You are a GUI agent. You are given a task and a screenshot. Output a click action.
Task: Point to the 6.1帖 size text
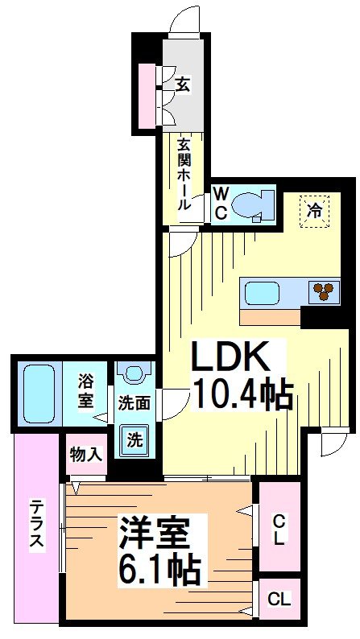tap(162, 570)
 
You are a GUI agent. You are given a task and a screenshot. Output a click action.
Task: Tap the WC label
tap(220, 203)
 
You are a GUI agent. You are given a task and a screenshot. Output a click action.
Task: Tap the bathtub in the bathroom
tap(39, 393)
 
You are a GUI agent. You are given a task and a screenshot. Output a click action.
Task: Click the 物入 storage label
tap(86, 455)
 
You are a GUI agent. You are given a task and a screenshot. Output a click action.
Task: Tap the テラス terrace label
tap(37, 524)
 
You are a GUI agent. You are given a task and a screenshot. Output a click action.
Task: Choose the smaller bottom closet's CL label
tap(278, 600)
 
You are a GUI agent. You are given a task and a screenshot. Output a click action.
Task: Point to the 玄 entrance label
tap(184, 84)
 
